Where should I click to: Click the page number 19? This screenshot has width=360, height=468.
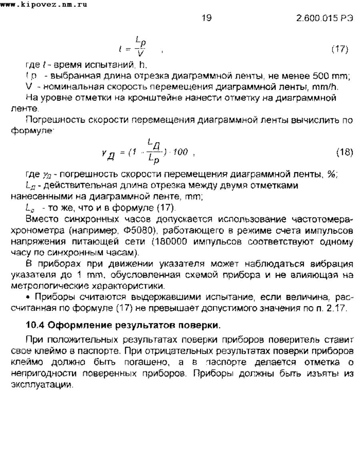click(x=206, y=18)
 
